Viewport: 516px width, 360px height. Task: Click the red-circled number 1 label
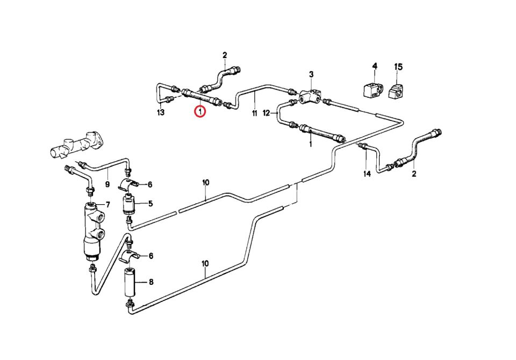coord(199,112)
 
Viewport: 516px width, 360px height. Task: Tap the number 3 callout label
coord(311,74)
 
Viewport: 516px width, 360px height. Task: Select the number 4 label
coord(375,66)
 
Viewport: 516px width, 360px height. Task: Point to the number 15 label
coord(398,67)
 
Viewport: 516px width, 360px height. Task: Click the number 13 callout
coord(160,113)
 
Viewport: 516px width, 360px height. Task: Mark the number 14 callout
coord(367,174)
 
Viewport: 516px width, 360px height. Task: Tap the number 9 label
coord(107,185)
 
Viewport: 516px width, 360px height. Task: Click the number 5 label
coord(150,203)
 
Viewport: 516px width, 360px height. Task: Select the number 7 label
coord(107,205)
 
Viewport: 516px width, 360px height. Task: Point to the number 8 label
coord(150,281)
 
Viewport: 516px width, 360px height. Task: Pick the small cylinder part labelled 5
coord(128,204)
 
